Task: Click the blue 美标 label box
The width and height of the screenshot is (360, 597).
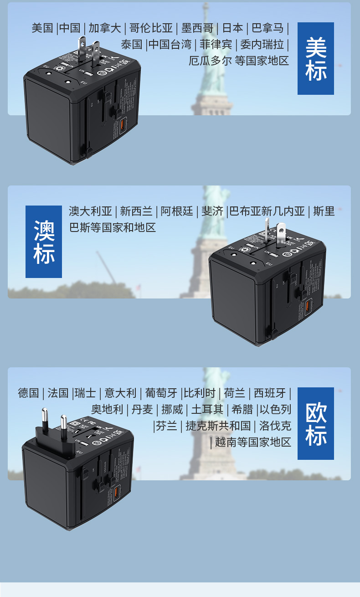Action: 315,58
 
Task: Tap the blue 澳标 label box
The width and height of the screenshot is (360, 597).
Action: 44,242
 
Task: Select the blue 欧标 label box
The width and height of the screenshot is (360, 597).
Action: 315,423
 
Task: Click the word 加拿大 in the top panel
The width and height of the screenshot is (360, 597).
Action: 105,28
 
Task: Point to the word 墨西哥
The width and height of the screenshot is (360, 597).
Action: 197,28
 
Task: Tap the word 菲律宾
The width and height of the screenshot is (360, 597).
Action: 216,45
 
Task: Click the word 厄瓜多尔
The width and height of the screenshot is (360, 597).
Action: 210,61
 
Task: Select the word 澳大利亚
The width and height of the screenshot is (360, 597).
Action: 90,211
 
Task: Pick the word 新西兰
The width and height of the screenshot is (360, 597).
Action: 136,211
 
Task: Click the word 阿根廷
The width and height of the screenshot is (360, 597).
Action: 177,211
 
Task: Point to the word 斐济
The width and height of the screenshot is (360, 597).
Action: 212,211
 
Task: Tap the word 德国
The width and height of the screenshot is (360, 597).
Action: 29,393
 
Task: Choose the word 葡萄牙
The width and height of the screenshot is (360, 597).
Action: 161,393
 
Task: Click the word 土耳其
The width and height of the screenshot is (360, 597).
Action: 207,409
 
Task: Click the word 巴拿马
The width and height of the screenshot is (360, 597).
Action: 268,28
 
